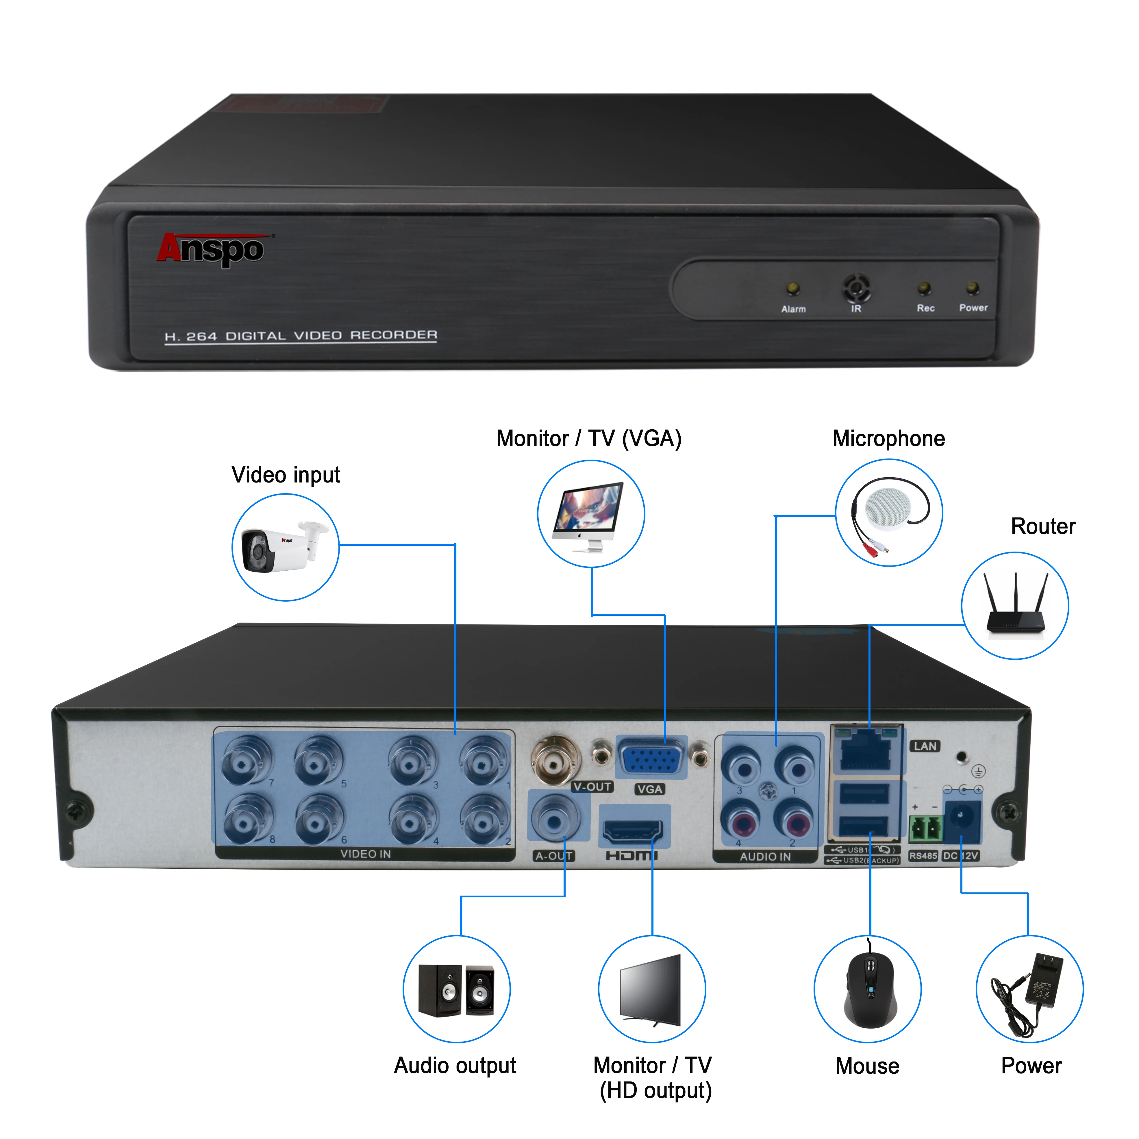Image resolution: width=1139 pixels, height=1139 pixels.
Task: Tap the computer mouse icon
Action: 869,990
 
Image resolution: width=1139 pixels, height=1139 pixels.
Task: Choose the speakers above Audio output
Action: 456,990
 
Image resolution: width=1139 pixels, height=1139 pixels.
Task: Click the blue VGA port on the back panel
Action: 651,758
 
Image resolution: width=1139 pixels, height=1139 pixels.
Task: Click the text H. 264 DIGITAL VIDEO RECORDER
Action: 301,336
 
